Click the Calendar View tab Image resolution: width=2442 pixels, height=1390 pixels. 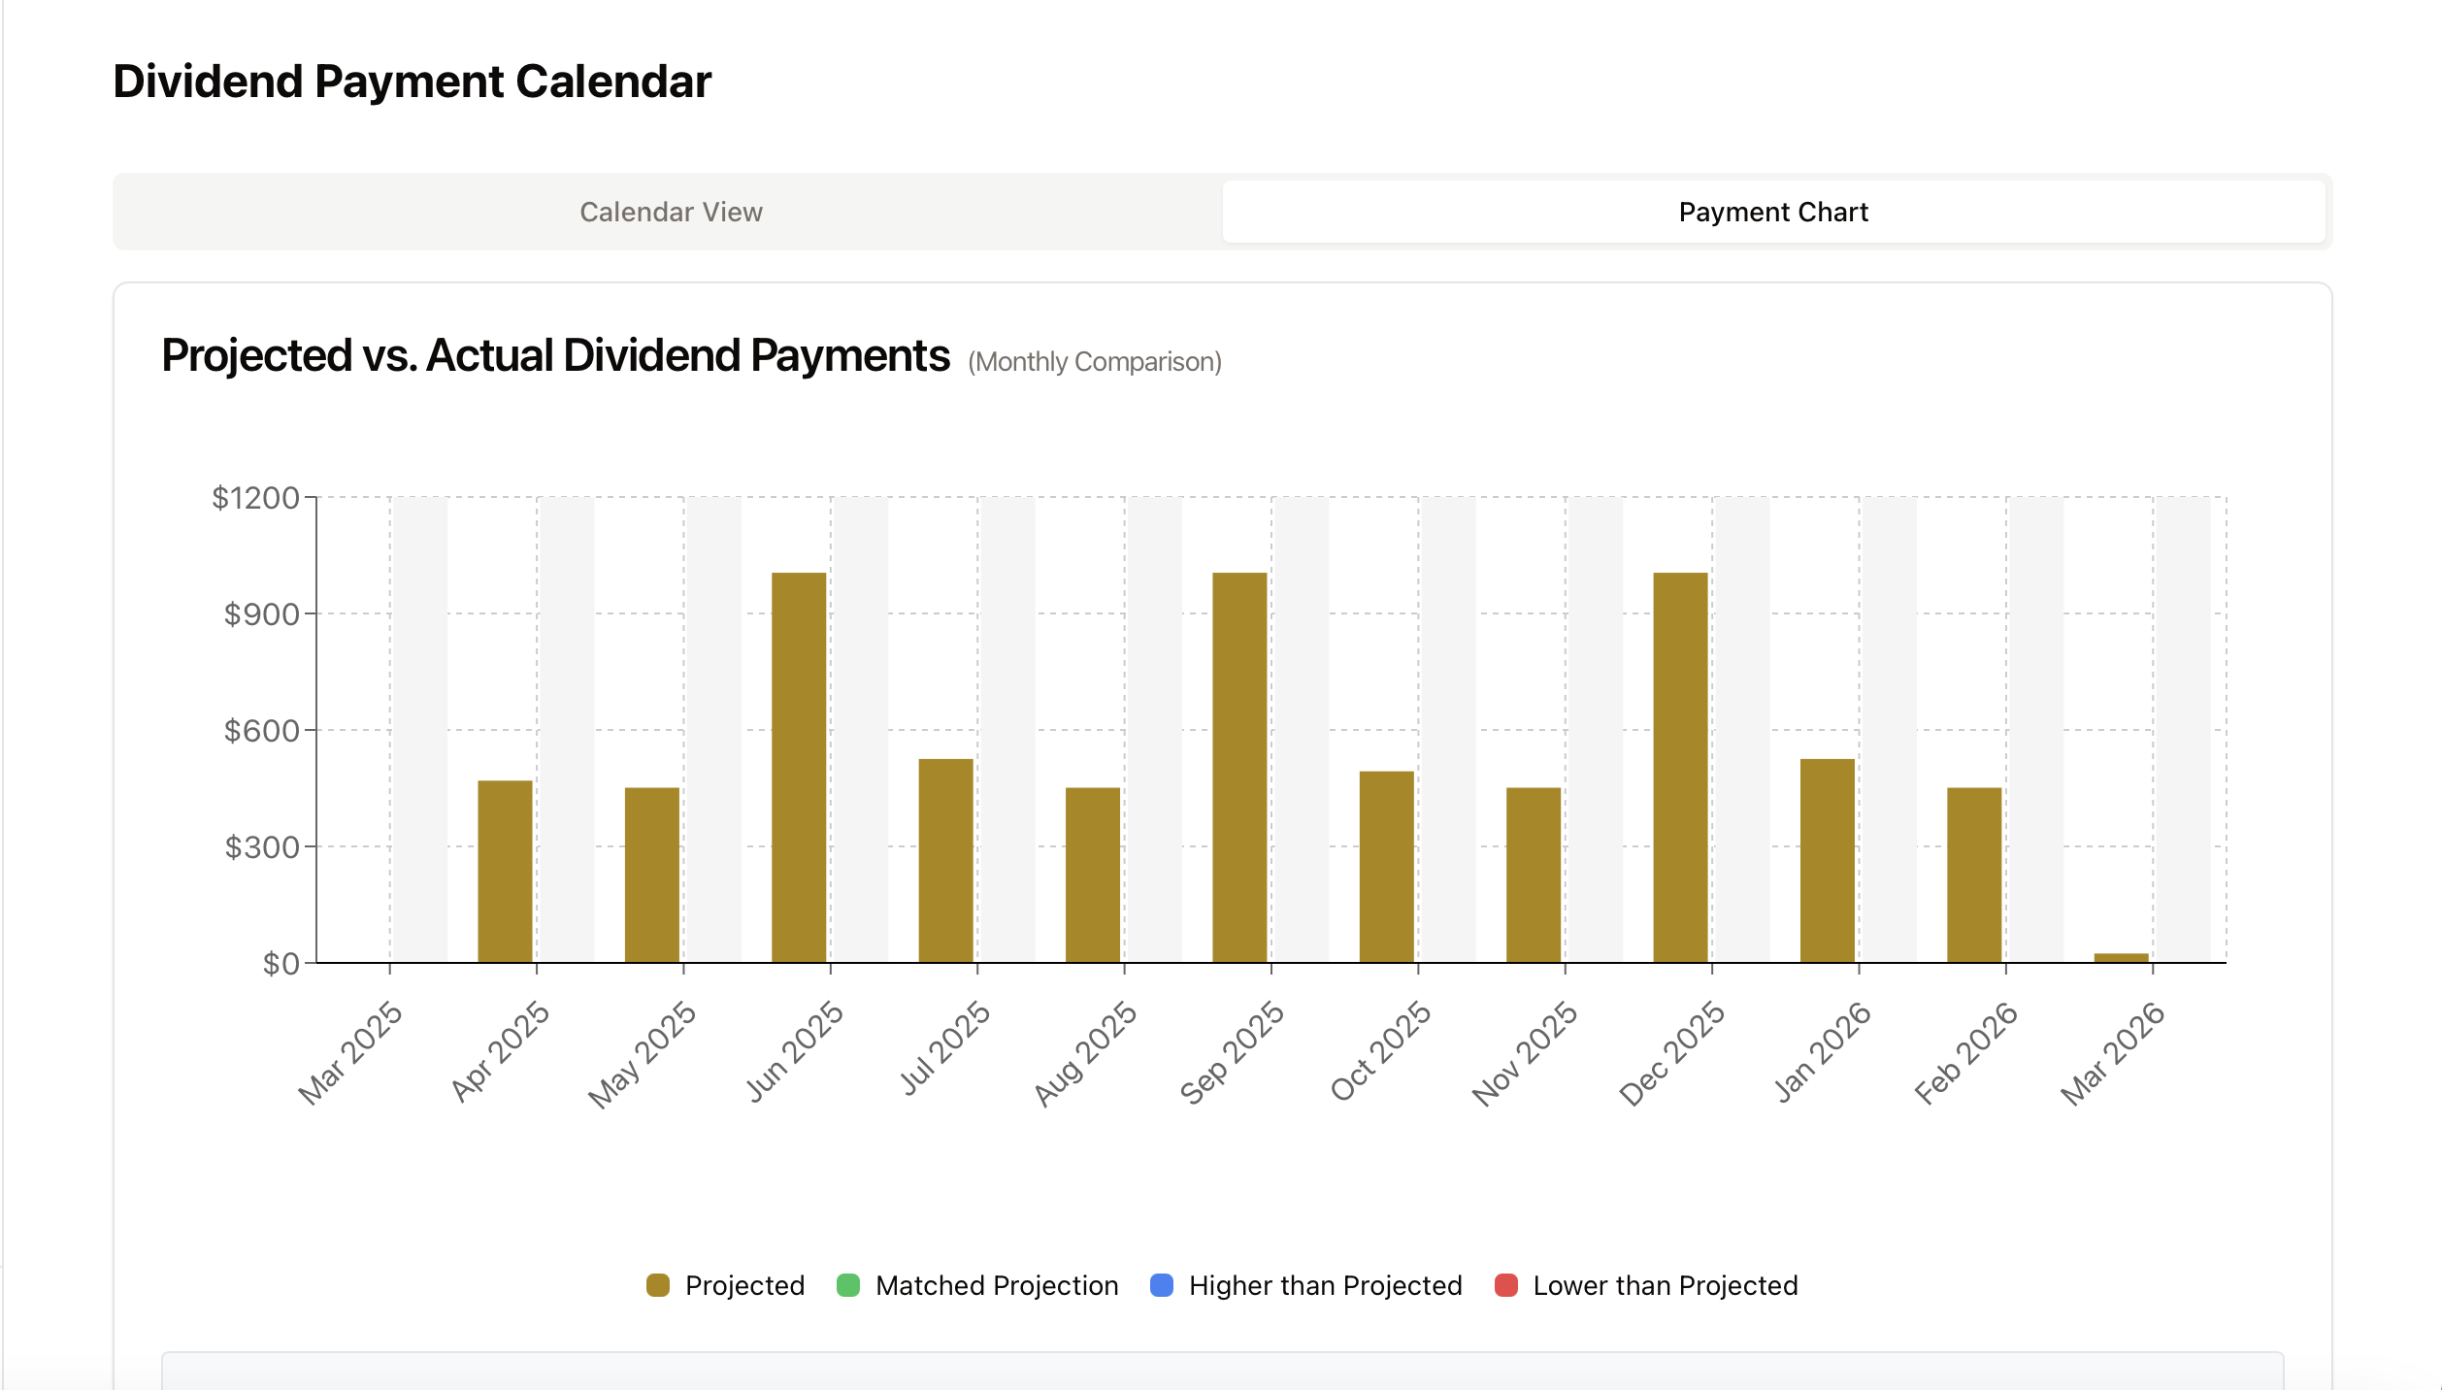pyautogui.click(x=671, y=212)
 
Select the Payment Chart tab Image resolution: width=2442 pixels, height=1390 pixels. pyautogui.click(x=1772, y=212)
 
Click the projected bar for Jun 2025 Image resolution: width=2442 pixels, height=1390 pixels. pyautogui.click(x=799, y=767)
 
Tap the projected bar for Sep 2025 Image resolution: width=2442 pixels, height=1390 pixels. pyautogui.click(x=1239, y=767)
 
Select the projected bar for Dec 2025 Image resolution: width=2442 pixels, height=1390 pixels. pyautogui.click(x=1680, y=767)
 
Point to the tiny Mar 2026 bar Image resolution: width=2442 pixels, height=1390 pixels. pyautogui.click(x=2121, y=957)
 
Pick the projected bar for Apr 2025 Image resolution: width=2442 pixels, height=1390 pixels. pyautogui.click(x=505, y=871)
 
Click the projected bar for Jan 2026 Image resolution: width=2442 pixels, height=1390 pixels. pyautogui.click(x=1827, y=860)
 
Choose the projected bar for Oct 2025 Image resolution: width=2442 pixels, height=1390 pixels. pyautogui.click(x=1386, y=866)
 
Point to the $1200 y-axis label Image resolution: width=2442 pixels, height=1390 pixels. pyautogui.click(x=255, y=498)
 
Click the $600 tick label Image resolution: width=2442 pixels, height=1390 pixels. pyautogui.click(x=261, y=731)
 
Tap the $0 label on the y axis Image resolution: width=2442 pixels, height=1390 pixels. pyautogui.click(x=280, y=964)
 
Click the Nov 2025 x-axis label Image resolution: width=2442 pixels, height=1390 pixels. pyautogui.click(x=1525, y=1053)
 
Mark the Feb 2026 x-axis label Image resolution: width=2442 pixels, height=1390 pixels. pyautogui.click(x=1965, y=1053)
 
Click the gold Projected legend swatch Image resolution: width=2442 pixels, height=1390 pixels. pyautogui.click(x=658, y=1285)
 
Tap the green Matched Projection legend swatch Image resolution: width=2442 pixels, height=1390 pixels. pyautogui.click(x=848, y=1285)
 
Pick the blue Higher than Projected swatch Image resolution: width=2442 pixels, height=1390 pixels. pyautogui.click(x=1162, y=1285)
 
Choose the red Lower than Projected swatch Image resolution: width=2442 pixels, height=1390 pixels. pyautogui.click(x=1505, y=1285)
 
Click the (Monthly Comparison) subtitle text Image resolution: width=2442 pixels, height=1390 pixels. pyautogui.click(x=1094, y=362)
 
